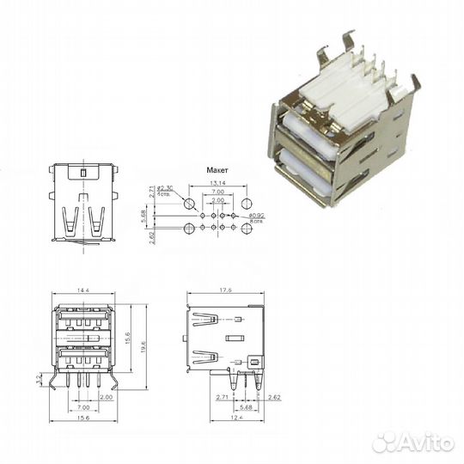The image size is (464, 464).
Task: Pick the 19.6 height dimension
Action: (x=143, y=345)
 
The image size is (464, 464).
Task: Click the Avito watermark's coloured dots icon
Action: (x=385, y=440)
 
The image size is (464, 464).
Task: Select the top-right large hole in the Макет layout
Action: (x=247, y=205)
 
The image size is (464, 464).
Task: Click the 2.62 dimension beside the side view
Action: (x=274, y=398)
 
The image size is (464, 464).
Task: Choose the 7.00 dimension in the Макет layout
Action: (x=218, y=193)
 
